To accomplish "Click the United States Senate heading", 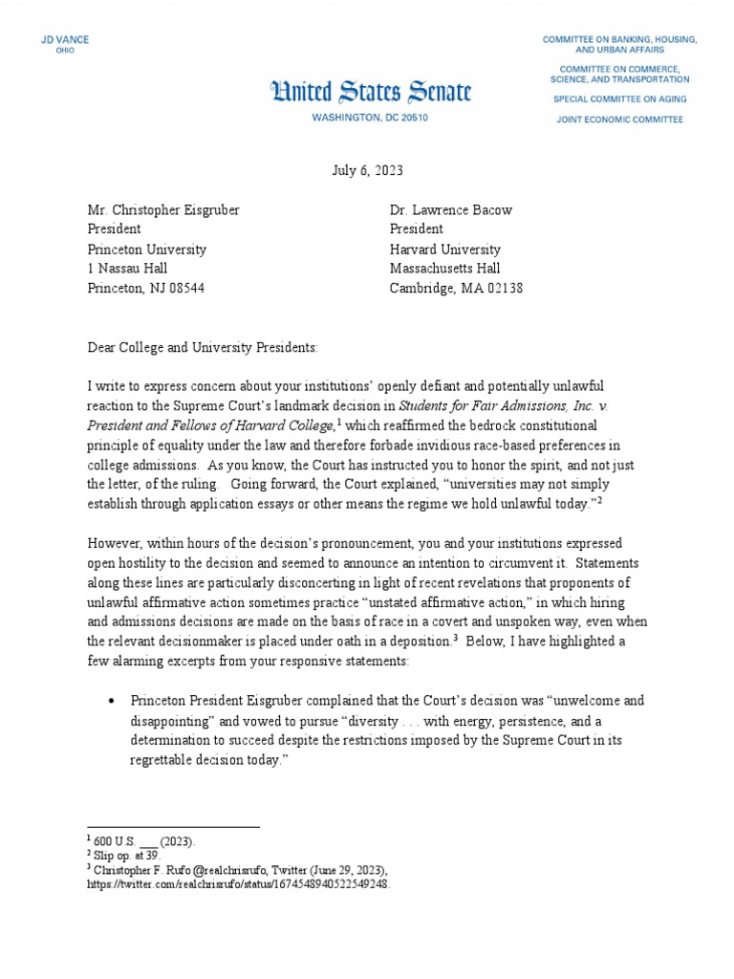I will (x=371, y=92).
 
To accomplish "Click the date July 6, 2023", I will (x=367, y=171).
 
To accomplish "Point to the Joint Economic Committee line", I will (x=620, y=120).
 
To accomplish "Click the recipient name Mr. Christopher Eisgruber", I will (x=162, y=209).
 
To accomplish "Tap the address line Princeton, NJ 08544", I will (x=145, y=288).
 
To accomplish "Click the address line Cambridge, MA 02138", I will (x=456, y=288).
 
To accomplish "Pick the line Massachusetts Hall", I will (x=444, y=269).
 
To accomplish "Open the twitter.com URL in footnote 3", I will (x=239, y=884).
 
